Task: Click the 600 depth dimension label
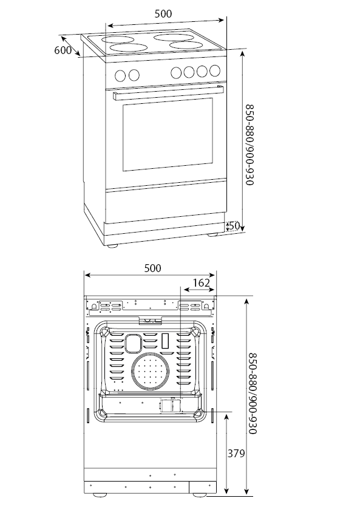coord(63,50)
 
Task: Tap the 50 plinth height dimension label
coord(234,225)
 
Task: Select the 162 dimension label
coord(202,283)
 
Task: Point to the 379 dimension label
coord(236,453)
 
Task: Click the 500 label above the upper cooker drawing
coord(163,13)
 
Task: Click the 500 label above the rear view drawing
coord(152,268)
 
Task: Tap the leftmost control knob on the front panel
coord(120,76)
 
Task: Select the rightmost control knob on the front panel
coord(215,70)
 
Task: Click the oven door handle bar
coord(168,93)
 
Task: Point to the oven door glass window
coord(168,134)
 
